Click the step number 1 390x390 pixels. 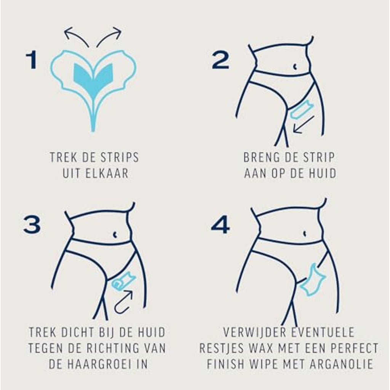pyautogui.click(x=32, y=60)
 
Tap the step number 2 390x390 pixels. pyautogui.click(x=221, y=60)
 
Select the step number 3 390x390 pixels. pyautogui.click(x=32, y=225)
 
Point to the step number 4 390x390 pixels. pyautogui.click(x=221, y=225)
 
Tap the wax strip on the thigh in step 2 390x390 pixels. pyautogui.click(x=302, y=110)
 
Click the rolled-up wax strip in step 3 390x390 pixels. pyautogui.click(x=124, y=281)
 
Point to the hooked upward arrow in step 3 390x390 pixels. pyautogui.click(x=124, y=302)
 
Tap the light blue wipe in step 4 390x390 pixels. pyautogui.click(x=313, y=280)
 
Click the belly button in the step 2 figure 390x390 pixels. pyautogui.click(x=295, y=67)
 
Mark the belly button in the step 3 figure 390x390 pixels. pyautogui.click(x=115, y=234)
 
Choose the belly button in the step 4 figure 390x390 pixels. pyautogui.click(x=305, y=233)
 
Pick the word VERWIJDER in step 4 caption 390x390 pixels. pyautogui.click(x=254, y=332)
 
